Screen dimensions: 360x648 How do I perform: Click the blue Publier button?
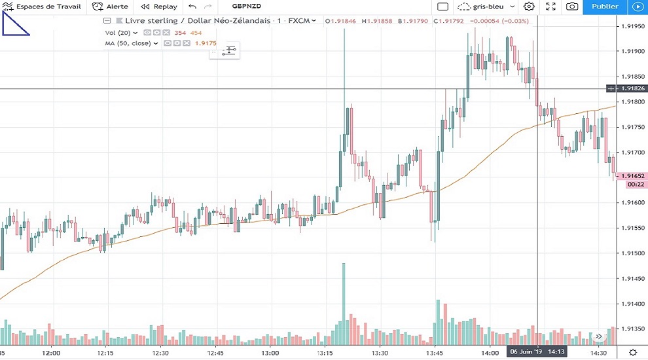point(604,7)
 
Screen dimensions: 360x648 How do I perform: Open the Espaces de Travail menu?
point(43,7)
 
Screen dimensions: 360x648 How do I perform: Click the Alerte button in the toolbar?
point(111,7)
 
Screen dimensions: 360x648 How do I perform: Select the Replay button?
point(159,7)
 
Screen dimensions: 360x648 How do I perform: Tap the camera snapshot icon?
point(572,7)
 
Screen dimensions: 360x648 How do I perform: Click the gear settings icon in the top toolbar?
point(529,7)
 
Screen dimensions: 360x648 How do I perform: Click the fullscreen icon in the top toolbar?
point(550,7)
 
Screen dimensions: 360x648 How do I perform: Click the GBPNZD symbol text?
point(247,7)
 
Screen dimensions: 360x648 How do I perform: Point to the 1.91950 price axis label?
point(631,26)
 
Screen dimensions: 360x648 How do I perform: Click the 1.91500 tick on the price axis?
point(631,253)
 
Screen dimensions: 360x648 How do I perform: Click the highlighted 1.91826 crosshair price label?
point(630,88)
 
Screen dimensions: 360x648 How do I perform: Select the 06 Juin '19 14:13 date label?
point(537,352)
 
